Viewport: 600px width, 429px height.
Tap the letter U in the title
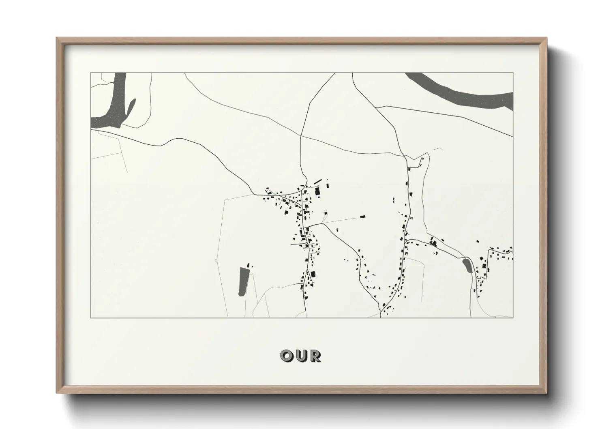click(x=300, y=356)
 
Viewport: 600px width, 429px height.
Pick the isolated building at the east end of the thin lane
click(x=362, y=217)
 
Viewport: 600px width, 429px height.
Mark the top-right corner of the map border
click(x=513, y=73)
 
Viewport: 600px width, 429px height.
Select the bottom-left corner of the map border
click(x=90, y=317)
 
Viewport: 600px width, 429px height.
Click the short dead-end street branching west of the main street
click(x=296, y=244)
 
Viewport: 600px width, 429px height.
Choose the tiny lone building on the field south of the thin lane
click(x=337, y=230)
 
